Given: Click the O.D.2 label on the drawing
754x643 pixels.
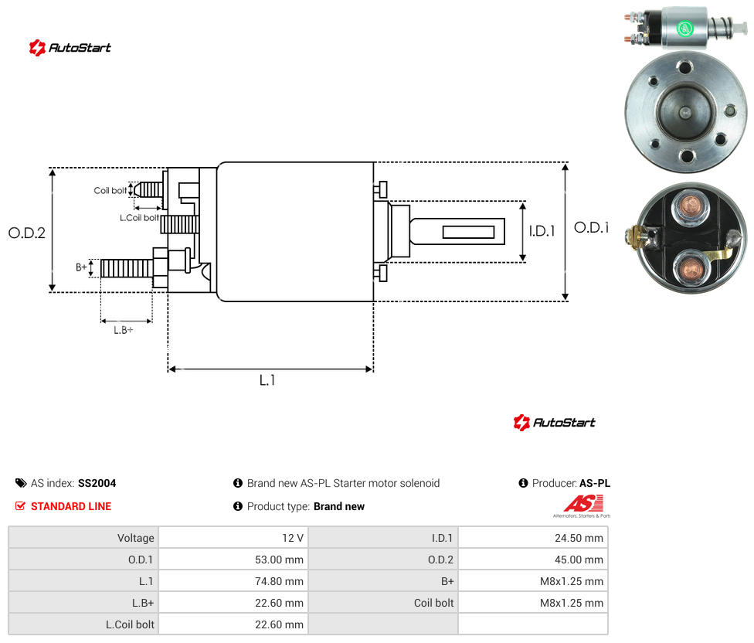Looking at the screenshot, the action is click(27, 233).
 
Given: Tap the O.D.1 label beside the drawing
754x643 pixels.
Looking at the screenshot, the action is click(592, 227).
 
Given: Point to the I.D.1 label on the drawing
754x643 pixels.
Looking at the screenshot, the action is click(542, 231).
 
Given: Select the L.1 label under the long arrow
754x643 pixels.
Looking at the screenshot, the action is click(267, 380).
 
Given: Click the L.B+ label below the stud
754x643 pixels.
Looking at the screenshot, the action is click(124, 330).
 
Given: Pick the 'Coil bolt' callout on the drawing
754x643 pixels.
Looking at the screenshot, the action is click(110, 190).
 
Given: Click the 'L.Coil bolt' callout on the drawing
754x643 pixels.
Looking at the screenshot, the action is click(139, 218).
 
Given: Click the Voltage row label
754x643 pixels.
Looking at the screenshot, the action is click(136, 538).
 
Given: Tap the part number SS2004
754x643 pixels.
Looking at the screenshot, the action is click(97, 483).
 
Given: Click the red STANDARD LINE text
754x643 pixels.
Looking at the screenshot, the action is click(71, 506).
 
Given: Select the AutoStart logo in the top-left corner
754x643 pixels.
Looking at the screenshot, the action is click(70, 48).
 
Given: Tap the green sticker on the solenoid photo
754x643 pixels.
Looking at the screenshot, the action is click(684, 29).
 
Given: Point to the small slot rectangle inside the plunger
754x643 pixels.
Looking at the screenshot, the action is click(468, 233).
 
